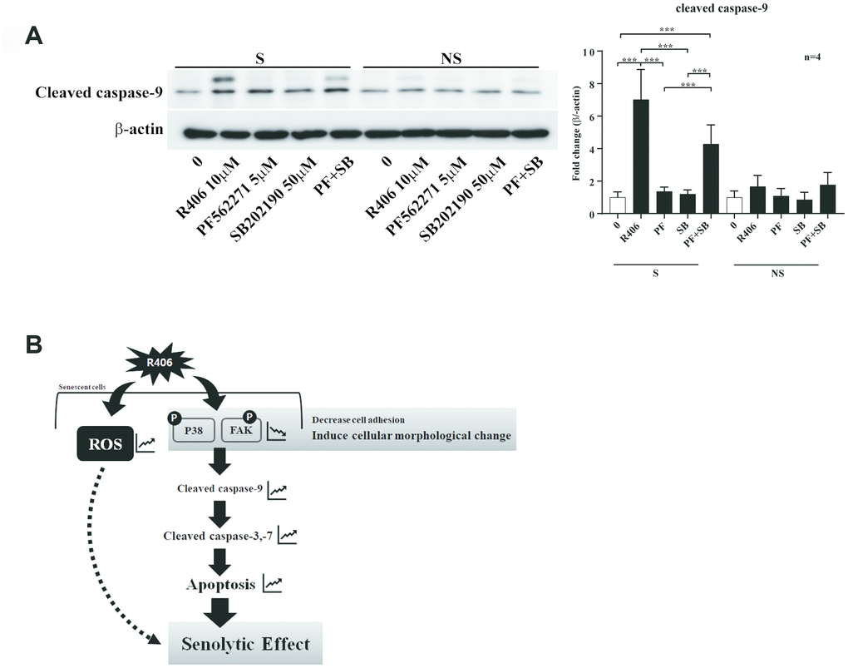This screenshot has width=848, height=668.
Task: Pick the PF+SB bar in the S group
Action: click(711, 179)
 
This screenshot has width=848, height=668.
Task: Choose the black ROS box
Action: click(101, 444)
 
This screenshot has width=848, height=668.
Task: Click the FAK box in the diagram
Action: click(242, 433)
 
